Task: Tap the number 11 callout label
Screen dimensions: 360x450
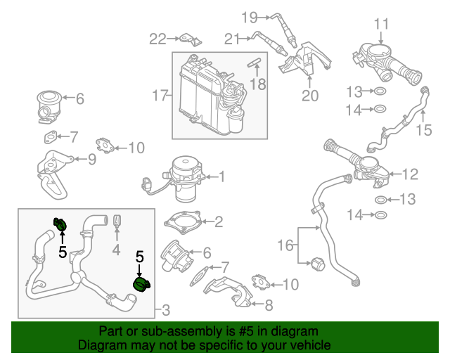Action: (x=380, y=24)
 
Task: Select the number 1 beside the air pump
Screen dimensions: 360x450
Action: (x=221, y=177)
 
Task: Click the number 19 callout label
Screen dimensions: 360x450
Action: (x=250, y=16)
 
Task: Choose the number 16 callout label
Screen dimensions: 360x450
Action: (x=284, y=245)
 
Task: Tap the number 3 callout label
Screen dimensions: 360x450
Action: (x=166, y=309)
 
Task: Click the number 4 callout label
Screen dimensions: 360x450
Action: (x=117, y=250)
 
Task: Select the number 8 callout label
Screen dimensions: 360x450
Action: (x=268, y=305)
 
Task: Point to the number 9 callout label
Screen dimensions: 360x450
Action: (x=91, y=159)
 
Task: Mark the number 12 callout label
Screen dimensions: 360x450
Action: (x=411, y=172)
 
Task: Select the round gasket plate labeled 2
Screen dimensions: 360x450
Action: (x=184, y=221)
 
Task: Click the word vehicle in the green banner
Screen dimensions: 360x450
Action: (x=309, y=346)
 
